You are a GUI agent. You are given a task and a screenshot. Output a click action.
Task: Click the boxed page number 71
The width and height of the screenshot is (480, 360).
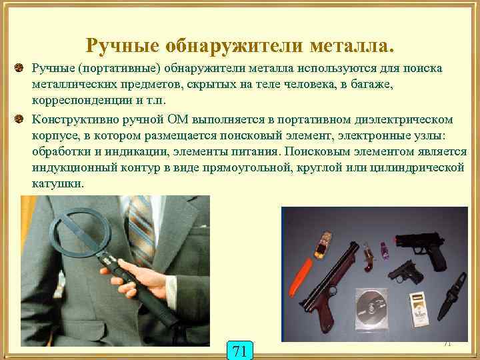[x=241, y=350]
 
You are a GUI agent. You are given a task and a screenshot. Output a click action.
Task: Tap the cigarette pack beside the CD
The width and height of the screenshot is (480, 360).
[x=418, y=308]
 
